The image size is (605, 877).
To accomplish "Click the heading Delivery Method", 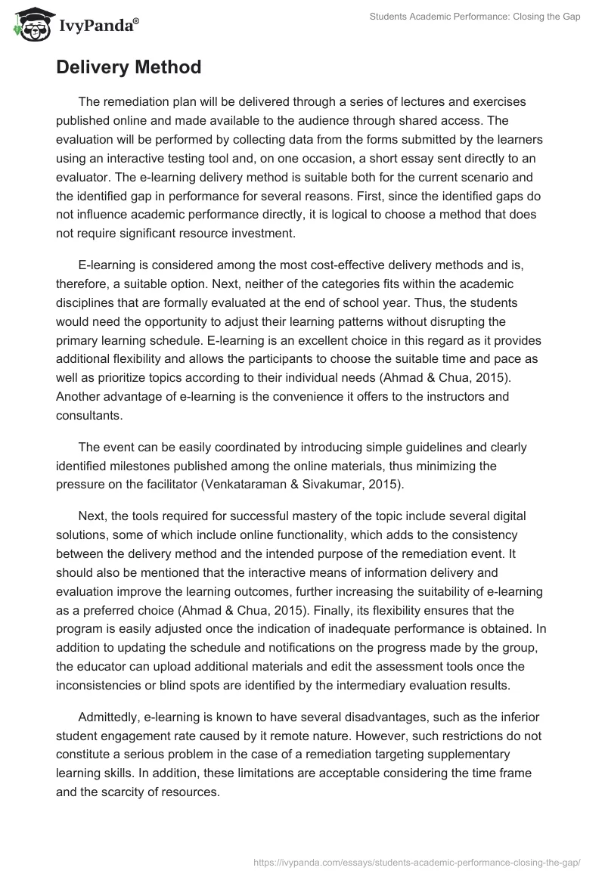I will tap(129, 67).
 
